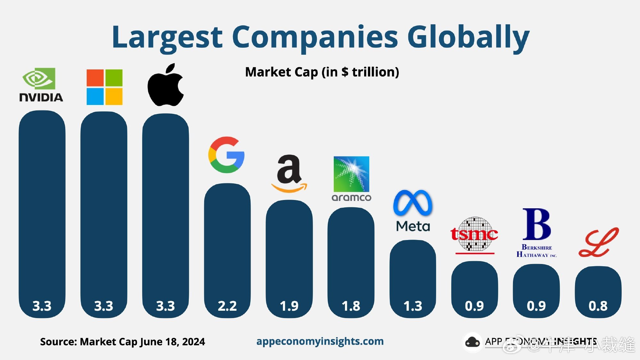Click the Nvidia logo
coord(41,85)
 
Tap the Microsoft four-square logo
coord(104,87)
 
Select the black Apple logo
coord(165,85)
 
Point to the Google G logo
coord(227,155)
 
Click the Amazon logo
coord(289,174)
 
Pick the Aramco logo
coord(351,179)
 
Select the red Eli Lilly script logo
coord(598,243)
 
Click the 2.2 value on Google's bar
coord(227,306)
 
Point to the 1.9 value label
coord(289,306)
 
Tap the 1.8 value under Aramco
coord(351,306)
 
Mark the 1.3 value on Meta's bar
coord(413,306)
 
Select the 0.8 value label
coord(598,306)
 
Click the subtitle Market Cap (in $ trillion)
coord(322,72)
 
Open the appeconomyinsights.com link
coord(320,341)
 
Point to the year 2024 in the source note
coord(193,342)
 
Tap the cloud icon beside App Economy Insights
coord(472,342)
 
